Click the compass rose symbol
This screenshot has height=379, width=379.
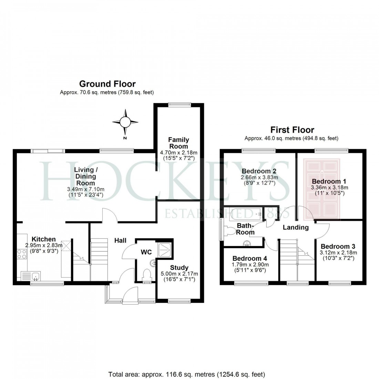point(125,122)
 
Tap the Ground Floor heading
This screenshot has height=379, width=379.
point(107,84)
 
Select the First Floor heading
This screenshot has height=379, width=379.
point(292,130)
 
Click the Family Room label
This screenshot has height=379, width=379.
point(178,143)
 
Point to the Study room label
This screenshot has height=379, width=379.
point(179,267)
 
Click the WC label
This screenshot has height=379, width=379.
point(146,252)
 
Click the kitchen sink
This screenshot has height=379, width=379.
point(31,276)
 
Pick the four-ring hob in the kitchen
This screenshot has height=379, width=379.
point(21,255)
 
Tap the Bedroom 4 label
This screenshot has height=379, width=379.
point(249,258)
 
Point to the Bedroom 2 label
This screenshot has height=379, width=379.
point(259,171)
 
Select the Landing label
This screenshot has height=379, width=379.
point(296,227)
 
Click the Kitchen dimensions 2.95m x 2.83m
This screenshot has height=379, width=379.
point(44,245)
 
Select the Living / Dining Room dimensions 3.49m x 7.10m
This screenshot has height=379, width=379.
point(85,189)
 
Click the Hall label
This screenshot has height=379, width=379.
point(121,240)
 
